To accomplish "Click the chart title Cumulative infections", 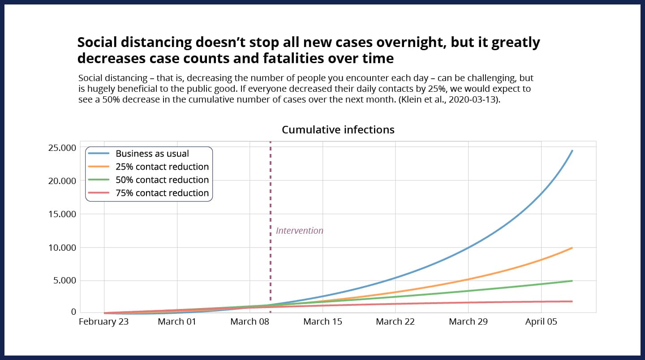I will click(x=338, y=130).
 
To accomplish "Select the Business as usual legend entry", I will click(x=152, y=154).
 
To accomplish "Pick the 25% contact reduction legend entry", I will click(x=162, y=167).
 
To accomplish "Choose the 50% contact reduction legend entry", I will click(x=162, y=180).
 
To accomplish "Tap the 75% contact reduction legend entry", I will click(x=162, y=193).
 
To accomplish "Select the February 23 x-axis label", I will click(x=103, y=321).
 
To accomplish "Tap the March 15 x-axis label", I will click(x=322, y=321).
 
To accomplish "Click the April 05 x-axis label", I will click(x=541, y=321).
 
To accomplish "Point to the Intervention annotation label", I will click(x=299, y=231).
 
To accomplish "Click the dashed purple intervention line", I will click(x=271, y=201).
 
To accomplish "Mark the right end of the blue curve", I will click(x=572, y=151).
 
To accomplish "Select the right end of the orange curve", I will click(x=572, y=248).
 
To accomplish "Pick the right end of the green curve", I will click(x=572, y=281).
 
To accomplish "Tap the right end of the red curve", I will click(x=572, y=301).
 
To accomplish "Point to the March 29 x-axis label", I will click(x=468, y=321).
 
